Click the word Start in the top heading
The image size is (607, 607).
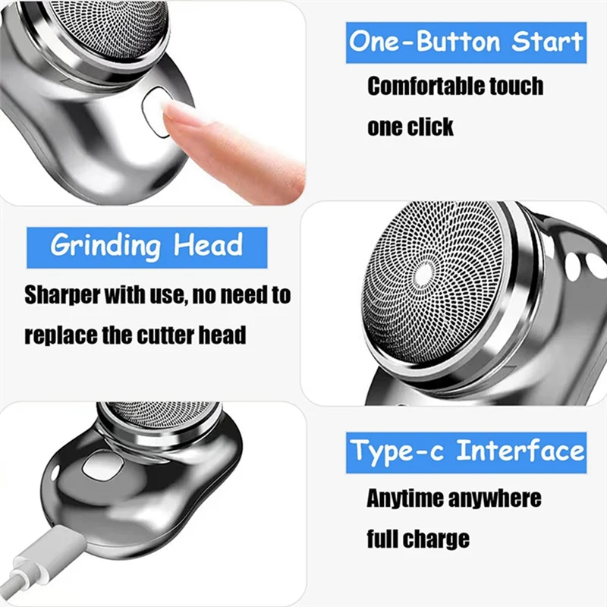pyautogui.click(x=548, y=40)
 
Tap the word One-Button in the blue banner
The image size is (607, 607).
pyautogui.click(x=426, y=40)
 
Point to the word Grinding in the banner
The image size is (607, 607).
pyautogui.click(x=106, y=246)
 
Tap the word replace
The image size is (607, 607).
pyautogui.click(x=61, y=335)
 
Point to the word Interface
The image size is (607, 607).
pyautogui.click(x=521, y=451)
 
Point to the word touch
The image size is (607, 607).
pyautogui.click(x=515, y=86)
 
